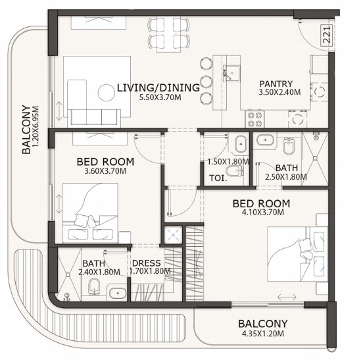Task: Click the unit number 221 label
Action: pyautogui.click(x=326, y=34)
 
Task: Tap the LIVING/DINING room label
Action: pyautogui.click(x=158, y=88)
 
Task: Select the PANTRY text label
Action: pyautogui.click(x=276, y=84)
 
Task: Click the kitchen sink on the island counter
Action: pyautogui.click(x=231, y=73)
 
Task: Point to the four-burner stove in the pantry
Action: pyautogui.click(x=255, y=119)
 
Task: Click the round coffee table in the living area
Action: pyautogui.click(x=107, y=93)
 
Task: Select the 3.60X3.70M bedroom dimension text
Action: pyautogui.click(x=105, y=171)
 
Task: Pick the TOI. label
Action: pyautogui.click(x=218, y=178)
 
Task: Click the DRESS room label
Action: pyautogui.click(x=146, y=263)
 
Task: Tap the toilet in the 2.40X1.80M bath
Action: pyautogui.click(x=94, y=286)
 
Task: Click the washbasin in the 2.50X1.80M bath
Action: pyautogui.click(x=265, y=140)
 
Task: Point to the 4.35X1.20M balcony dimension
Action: pyautogui.click(x=263, y=334)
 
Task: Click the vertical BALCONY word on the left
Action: pyautogui.click(x=26, y=129)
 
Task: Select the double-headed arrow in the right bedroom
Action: pyautogui.click(x=287, y=297)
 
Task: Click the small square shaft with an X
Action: pyautogui.click(x=173, y=235)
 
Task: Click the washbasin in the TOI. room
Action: pyautogui.click(x=241, y=144)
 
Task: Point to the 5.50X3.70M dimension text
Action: pyautogui.click(x=160, y=97)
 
